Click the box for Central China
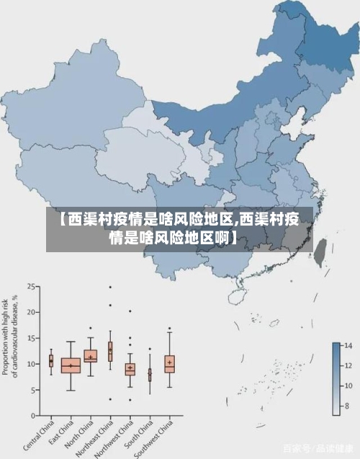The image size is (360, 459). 50,360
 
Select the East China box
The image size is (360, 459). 71,365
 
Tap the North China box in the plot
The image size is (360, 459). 90,356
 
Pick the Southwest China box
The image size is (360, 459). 169,363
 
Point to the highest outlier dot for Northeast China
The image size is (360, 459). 110,287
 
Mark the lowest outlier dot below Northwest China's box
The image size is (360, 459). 130,400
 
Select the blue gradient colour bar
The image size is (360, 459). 336,378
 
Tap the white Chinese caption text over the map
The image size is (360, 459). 179,229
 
